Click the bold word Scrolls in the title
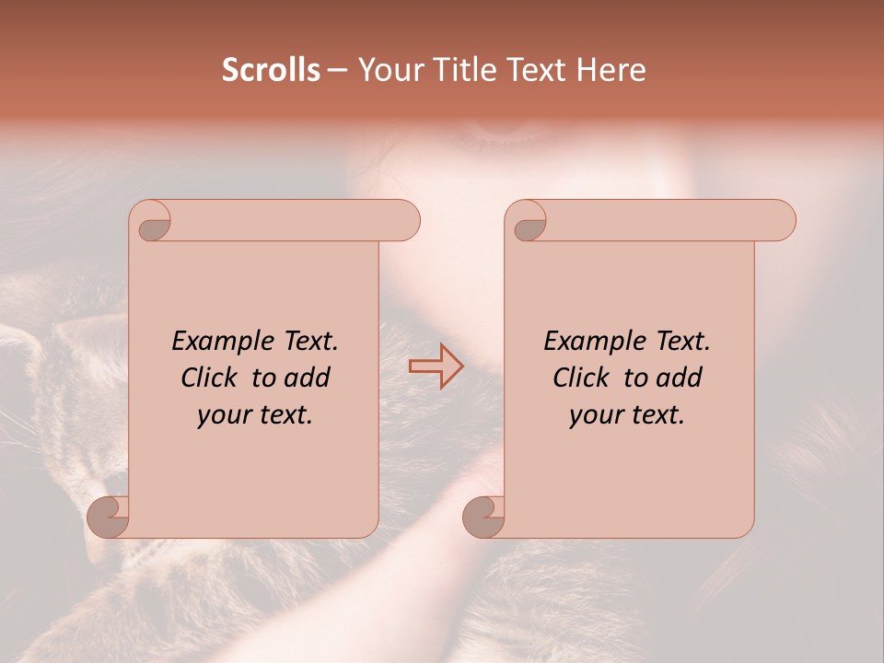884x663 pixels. click(x=271, y=70)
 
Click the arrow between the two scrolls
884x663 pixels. click(x=436, y=366)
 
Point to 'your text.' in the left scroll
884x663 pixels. click(x=255, y=414)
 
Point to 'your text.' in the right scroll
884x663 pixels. click(x=627, y=414)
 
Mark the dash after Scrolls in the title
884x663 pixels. click(x=338, y=70)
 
